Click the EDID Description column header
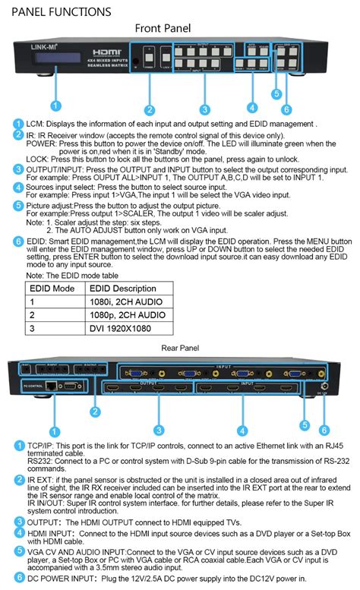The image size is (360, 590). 122,289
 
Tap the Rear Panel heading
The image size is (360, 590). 180,348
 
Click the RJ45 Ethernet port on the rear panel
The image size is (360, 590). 49,386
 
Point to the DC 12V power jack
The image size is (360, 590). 325,385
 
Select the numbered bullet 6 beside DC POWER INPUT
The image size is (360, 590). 18,579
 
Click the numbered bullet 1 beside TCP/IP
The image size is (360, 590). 18,446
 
